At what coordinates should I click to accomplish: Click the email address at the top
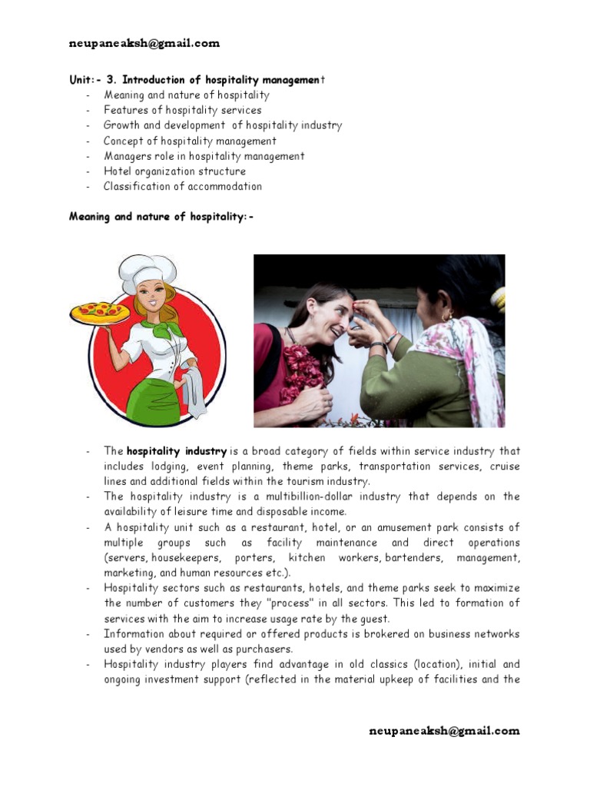click(144, 44)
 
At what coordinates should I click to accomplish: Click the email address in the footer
click(444, 731)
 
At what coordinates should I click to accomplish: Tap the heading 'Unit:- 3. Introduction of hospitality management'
click(197, 80)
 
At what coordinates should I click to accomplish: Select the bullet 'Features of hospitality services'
click(182, 111)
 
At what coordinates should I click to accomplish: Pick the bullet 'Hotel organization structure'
click(174, 171)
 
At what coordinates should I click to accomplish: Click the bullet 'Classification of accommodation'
click(182, 186)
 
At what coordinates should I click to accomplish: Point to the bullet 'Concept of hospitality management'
click(190, 141)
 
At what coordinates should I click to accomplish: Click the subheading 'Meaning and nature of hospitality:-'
click(161, 217)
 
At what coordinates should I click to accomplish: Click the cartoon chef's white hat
click(148, 272)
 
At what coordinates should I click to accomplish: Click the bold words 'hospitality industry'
click(176, 451)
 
